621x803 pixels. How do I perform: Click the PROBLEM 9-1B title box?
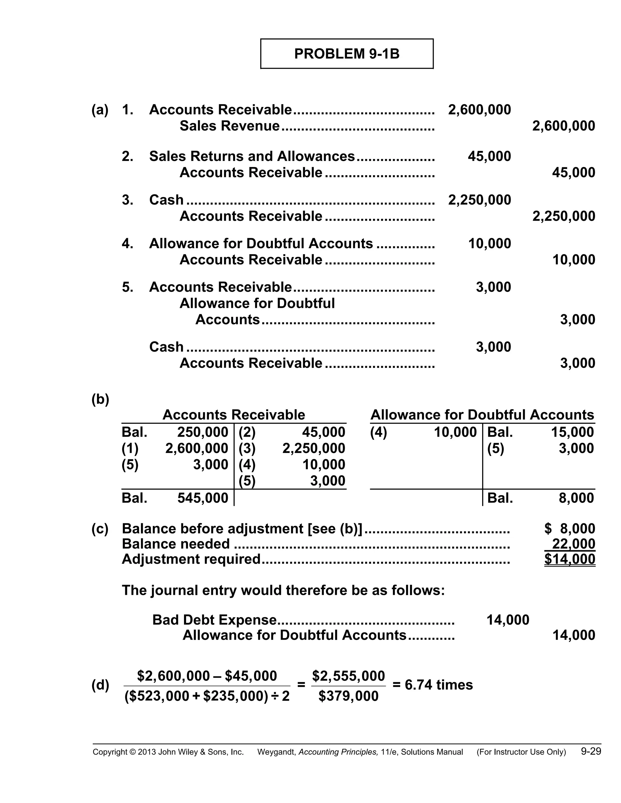pos(347,54)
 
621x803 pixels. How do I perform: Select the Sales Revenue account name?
pos(230,126)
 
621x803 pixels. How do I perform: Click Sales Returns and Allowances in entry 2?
pos(252,156)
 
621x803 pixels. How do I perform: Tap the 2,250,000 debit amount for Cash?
pos(479,200)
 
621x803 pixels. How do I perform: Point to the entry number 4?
pos(127,243)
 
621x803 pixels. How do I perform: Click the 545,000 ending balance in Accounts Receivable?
pos(203,498)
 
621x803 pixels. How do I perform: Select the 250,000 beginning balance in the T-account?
pos(203,432)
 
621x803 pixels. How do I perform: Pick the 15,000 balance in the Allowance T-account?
pos(572,432)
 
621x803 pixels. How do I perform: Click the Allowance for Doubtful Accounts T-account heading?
pos(482,415)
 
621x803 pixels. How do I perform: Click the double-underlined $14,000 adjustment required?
pos(569,559)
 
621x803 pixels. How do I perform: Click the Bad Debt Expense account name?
pos(214,620)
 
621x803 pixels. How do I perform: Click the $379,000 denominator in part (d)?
pos(348,696)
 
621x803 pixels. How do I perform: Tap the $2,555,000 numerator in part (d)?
pos(348,676)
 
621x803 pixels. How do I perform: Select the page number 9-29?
pos(591,751)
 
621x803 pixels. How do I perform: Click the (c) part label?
pos(100,529)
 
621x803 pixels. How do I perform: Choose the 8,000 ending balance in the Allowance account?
pos(576,498)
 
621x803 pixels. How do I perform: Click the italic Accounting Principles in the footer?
pos(338,752)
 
